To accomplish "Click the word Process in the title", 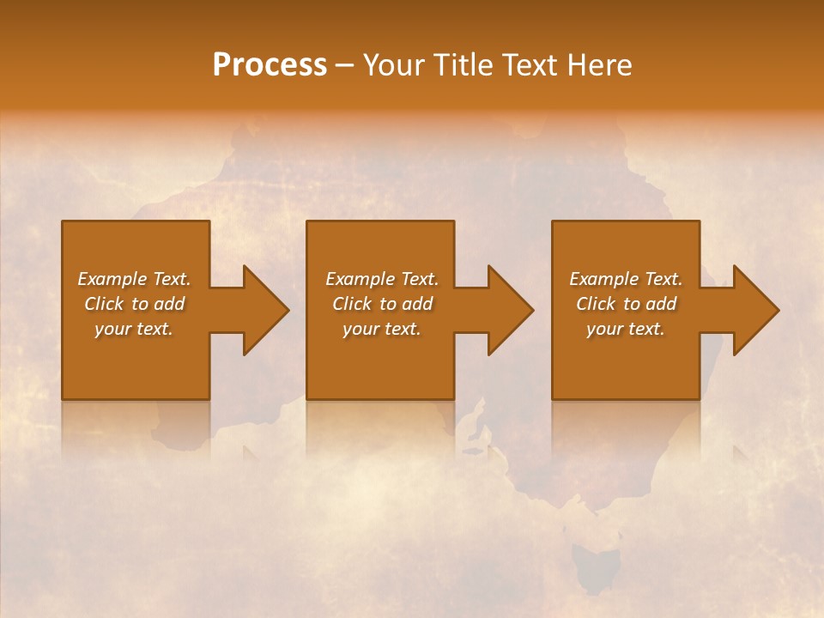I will pos(270,65).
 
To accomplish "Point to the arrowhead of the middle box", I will pos(515,310).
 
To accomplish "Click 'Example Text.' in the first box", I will pos(134,279).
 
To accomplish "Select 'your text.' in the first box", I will pos(134,329).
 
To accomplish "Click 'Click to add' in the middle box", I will pos(382,304).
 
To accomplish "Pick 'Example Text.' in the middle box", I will pos(382,279).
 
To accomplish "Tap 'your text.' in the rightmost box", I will pos(626,329).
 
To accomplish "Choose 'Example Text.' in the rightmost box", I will pos(626,279).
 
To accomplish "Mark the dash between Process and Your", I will pos(345,65).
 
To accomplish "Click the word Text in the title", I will pos(526,65).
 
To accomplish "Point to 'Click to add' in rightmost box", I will pos(626,304).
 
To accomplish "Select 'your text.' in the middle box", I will pos(382,329).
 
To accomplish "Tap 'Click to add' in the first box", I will pos(134,304).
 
